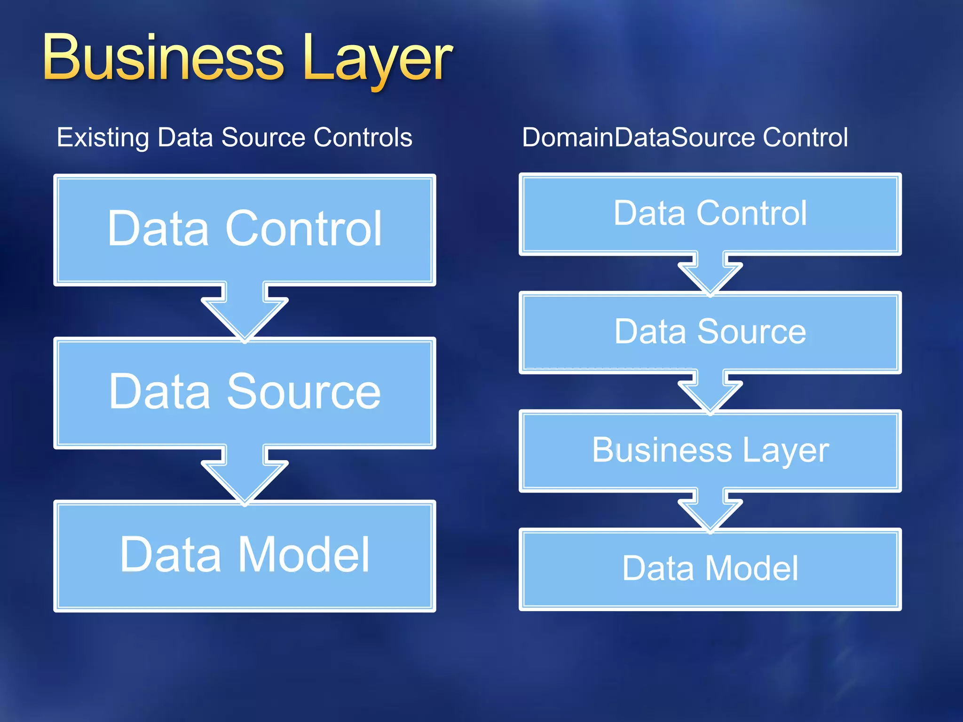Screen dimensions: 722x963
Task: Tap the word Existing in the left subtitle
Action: (x=103, y=138)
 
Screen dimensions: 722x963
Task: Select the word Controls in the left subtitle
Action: (x=363, y=137)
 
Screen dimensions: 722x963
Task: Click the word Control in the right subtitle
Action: (x=805, y=137)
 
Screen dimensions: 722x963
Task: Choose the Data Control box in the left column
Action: (x=245, y=229)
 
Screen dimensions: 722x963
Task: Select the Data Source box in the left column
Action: (x=245, y=392)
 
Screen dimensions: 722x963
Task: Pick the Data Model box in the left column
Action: (x=245, y=556)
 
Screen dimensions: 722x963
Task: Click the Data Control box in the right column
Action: (x=710, y=214)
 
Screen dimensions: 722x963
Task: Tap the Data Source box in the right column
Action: (x=710, y=332)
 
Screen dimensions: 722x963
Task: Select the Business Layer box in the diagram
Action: (x=710, y=450)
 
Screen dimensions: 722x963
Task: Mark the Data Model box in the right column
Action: (x=710, y=569)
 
